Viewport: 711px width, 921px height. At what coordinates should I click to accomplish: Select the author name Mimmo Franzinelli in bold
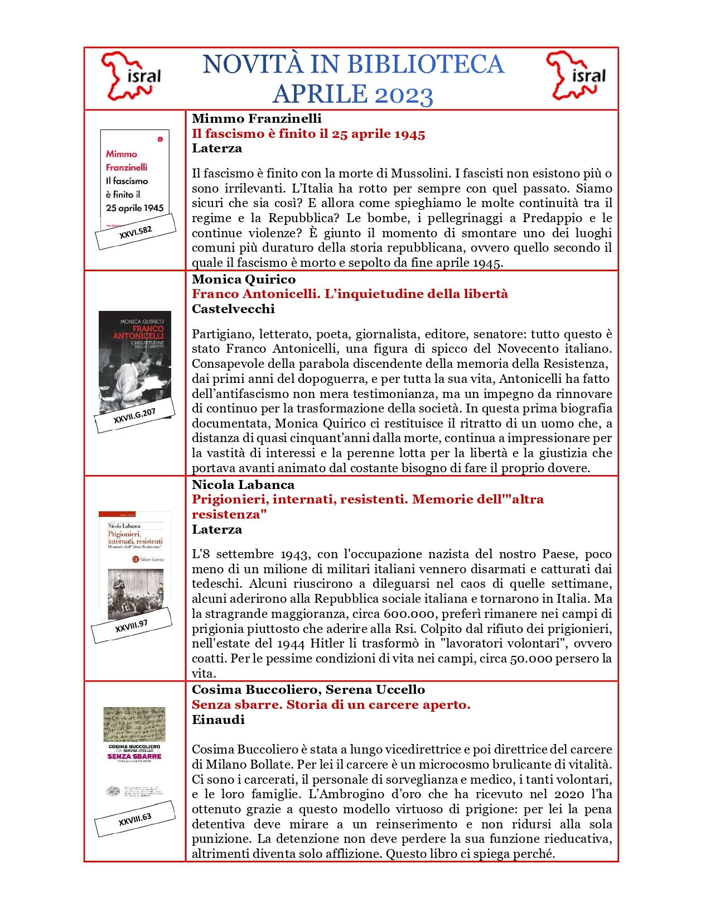(x=257, y=118)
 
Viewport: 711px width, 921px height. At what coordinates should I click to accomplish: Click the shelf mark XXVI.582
(x=136, y=233)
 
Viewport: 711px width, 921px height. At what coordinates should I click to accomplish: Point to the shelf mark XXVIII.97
(x=132, y=626)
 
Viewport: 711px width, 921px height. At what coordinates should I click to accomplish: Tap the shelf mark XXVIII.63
(x=135, y=819)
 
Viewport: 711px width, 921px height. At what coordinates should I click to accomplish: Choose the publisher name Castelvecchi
(x=233, y=309)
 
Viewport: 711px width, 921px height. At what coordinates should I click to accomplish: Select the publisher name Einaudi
(x=218, y=719)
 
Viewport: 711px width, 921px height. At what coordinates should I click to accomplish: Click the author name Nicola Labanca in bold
(x=243, y=485)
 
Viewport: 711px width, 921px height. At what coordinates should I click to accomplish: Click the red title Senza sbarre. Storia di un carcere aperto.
(x=331, y=704)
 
